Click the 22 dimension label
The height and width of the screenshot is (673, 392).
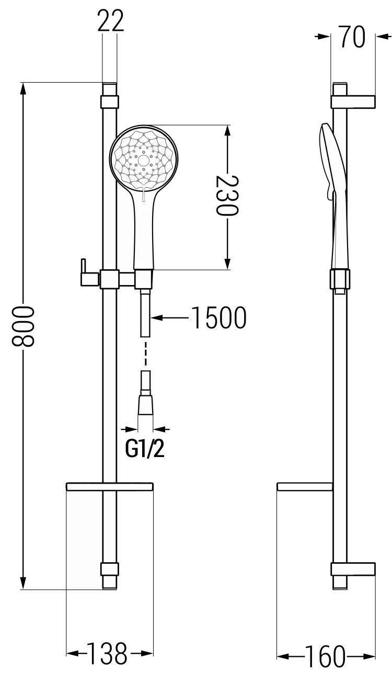point(110,21)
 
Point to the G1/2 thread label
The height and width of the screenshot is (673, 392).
point(145,449)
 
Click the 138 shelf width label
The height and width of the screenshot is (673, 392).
point(106,654)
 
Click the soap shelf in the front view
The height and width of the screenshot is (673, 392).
point(110,487)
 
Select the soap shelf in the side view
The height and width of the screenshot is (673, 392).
point(304,487)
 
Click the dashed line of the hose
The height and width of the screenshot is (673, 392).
point(145,353)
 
